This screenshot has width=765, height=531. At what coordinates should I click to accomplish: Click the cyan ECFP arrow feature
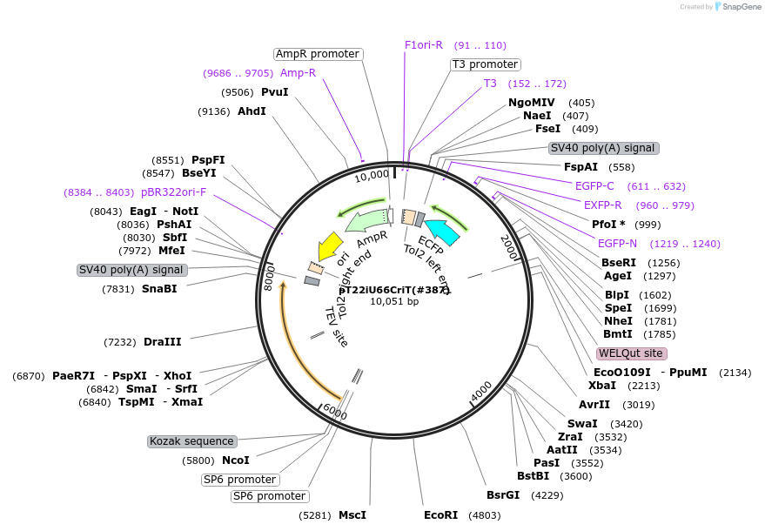pyautogui.click(x=442, y=230)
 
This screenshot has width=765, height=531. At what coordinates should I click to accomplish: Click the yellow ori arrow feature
pyautogui.click(x=331, y=246)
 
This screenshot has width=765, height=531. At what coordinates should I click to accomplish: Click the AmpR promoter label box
pyautogui.click(x=318, y=54)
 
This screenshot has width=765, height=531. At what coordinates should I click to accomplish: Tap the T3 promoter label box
pyautogui.click(x=485, y=64)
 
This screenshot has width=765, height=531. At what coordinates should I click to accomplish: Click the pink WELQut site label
pyautogui.click(x=632, y=353)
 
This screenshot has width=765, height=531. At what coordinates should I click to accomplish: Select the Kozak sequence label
pyautogui.click(x=191, y=441)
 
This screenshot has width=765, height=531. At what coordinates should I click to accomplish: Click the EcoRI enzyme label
pyautogui.click(x=440, y=515)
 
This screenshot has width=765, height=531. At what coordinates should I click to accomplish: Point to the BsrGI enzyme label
pyautogui.click(x=503, y=495)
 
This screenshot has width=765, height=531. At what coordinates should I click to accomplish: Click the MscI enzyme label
pyautogui.click(x=352, y=515)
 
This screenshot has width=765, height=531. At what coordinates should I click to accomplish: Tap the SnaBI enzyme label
pyautogui.click(x=159, y=289)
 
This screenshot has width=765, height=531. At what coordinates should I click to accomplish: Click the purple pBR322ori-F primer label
pyautogui.click(x=174, y=192)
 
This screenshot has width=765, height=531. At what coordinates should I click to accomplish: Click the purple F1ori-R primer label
pyautogui.click(x=424, y=45)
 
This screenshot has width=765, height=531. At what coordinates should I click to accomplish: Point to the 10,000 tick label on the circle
pyautogui.click(x=372, y=175)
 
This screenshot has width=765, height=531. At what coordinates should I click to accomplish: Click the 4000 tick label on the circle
pyautogui.click(x=480, y=392)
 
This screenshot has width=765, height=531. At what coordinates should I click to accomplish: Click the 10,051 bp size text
pyautogui.click(x=394, y=302)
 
